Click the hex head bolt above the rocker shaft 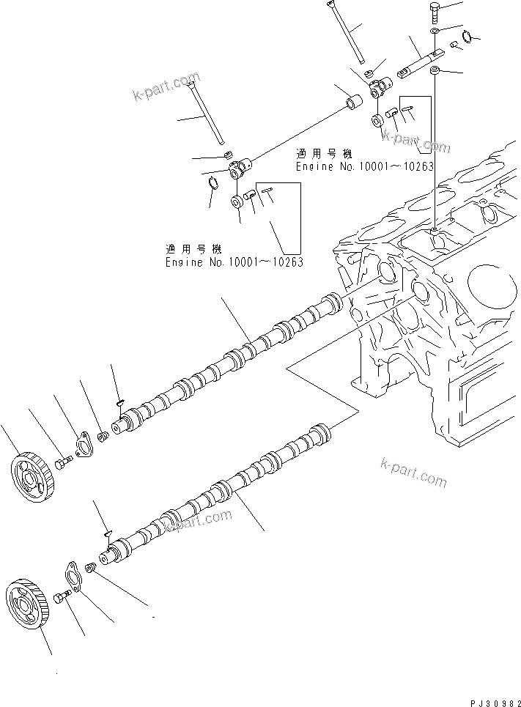click(435, 12)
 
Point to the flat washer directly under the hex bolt click(435, 33)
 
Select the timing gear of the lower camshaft click(26, 603)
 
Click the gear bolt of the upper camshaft click(62, 462)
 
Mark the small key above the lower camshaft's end click(106, 533)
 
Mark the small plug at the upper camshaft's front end click(103, 437)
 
